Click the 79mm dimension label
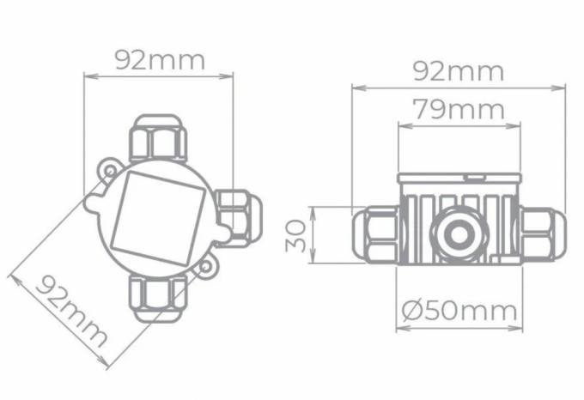coord(459,109)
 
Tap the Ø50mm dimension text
coord(459,311)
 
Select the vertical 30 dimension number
coord(296,235)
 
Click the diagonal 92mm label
coord(71,311)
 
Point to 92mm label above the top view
coord(160,60)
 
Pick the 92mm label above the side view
coord(459,71)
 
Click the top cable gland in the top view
coord(157,138)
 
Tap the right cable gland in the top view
coord(239,218)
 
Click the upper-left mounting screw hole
coord(110,172)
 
